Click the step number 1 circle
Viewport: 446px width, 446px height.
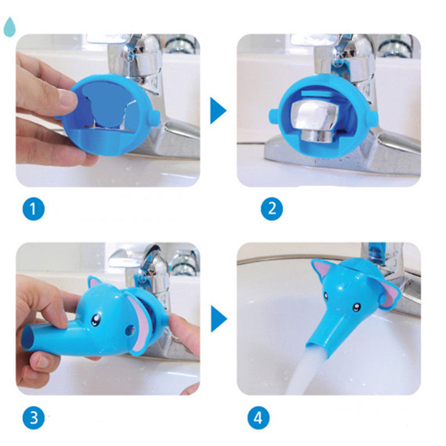tap(33, 209)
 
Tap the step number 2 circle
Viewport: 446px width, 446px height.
tap(272, 209)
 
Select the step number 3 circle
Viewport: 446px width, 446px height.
tap(33, 418)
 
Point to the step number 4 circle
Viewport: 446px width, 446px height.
tap(258, 418)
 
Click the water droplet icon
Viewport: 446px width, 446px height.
tap(9, 27)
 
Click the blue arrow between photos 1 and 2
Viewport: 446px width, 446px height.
tap(218, 110)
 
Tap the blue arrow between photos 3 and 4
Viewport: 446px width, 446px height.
tap(219, 318)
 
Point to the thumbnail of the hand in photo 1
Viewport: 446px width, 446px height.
tap(68, 98)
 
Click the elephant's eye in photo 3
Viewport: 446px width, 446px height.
tap(95, 320)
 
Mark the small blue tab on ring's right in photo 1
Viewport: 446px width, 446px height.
tap(154, 118)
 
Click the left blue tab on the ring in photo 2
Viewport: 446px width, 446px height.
tap(274, 116)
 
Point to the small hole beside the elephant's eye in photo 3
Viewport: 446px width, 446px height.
tap(130, 330)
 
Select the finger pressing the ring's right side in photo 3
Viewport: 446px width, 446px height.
tap(185, 333)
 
